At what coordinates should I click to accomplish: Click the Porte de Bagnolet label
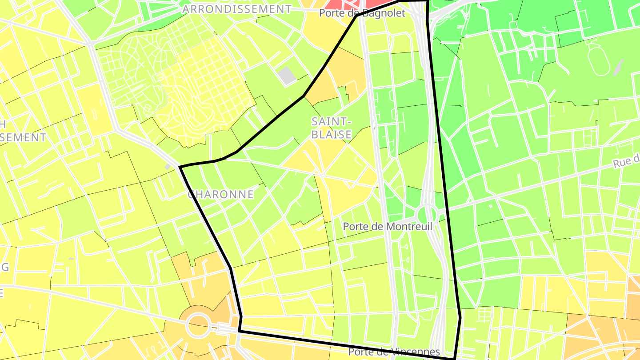pyautogui.click(x=362, y=13)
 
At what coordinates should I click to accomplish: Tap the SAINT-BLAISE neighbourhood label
pyautogui.click(x=332, y=128)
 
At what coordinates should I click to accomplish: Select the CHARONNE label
pyautogui.click(x=220, y=194)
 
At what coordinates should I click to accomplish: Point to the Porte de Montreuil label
pyautogui.click(x=387, y=227)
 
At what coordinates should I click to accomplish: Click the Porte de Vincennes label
pyautogui.click(x=394, y=352)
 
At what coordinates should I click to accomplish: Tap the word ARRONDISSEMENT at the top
pyautogui.click(x=237, y=9)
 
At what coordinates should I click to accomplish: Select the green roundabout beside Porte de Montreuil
pyautogui.click(x=427, y=215)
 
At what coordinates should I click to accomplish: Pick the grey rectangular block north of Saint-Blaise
pyautogui.click(x=288, y=75)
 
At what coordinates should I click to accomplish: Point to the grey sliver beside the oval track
pyautogui.click(x=618, y=67)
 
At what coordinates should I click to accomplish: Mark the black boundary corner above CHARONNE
pyautogui.click(x=180, y=167)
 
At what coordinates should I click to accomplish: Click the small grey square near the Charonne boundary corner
pyautogui.click(x=168, y=167)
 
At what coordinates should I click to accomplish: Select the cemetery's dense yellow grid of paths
pyautogui.click(x=209, y=89)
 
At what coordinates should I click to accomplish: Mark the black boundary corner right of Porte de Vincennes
pyautogui.click(x=454, y=358)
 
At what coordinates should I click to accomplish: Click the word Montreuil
pyautogui.click(x=408, y=227)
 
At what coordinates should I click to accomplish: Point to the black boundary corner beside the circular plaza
pyautogui.click(x=239, y=331)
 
